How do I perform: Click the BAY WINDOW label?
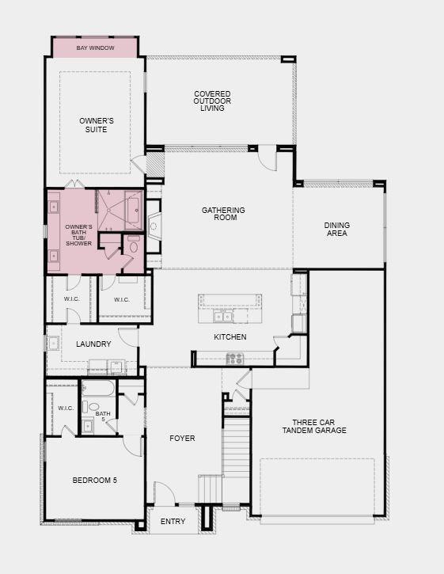coord(95,48)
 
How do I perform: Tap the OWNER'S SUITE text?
coord(97,124)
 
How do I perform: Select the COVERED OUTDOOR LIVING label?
coord(212,101)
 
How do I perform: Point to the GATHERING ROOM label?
coord(223,214)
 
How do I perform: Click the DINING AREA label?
coord(336,230)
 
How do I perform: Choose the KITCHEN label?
coord(230,337)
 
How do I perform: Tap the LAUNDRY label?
coord(93,344)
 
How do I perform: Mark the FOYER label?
coord(182,438)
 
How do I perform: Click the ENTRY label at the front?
coord(173,522)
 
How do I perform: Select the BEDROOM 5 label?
coord(94,480)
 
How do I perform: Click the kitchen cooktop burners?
coord(234,359)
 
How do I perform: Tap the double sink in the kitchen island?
coord(223,317)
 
